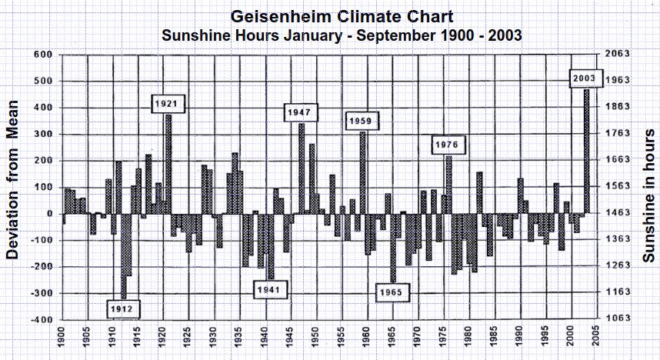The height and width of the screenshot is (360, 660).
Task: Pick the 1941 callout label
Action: [272, 290]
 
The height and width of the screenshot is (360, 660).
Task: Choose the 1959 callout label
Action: [361, 122]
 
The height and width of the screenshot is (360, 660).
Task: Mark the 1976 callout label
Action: [446, 145]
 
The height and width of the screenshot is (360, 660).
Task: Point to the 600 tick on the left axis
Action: [41, 55]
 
